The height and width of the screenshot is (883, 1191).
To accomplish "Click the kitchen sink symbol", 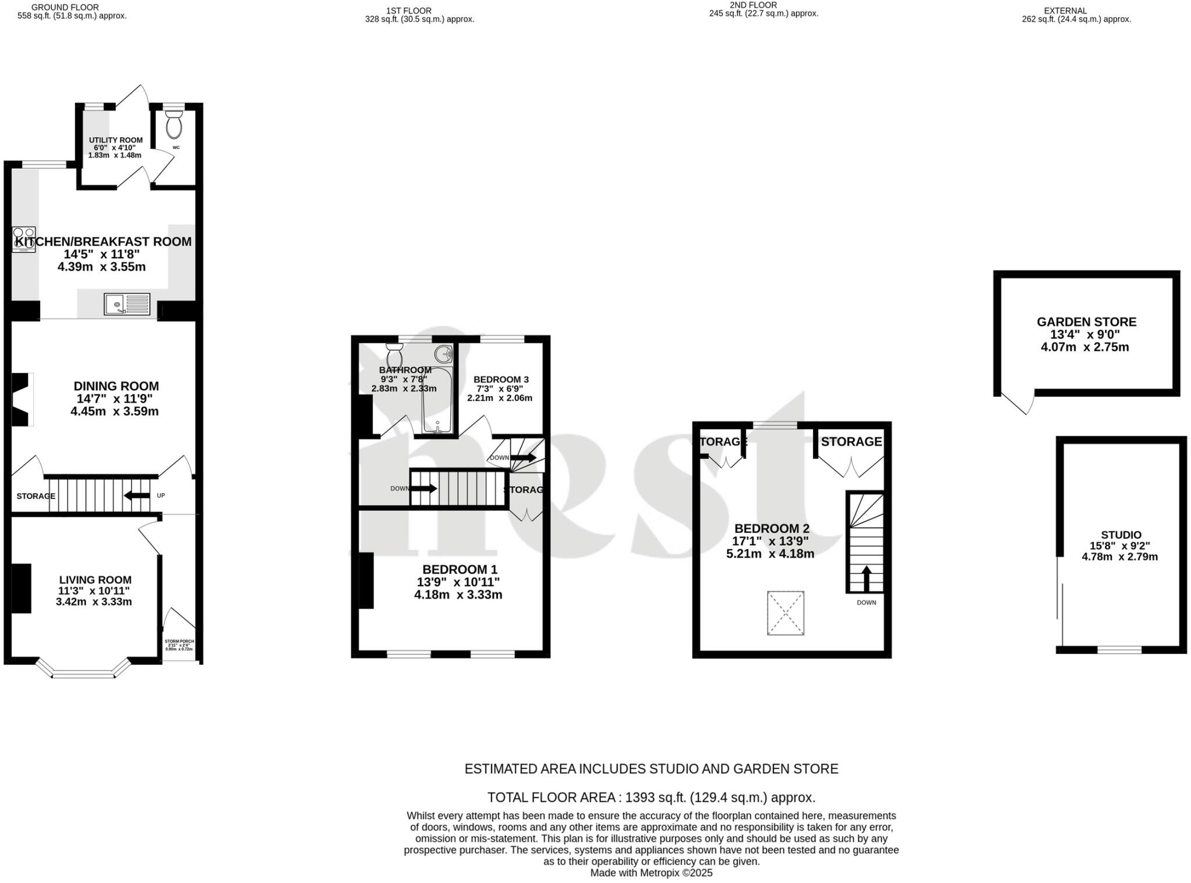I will point(127,304).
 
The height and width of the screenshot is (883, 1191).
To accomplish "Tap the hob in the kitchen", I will point(24,240).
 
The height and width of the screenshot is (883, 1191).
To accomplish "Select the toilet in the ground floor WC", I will point(173,123).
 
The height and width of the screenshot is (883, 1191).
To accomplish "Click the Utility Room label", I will point(116,140).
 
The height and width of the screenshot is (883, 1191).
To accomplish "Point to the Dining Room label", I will point(116,386).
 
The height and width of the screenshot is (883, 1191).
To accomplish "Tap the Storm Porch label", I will point(179,641).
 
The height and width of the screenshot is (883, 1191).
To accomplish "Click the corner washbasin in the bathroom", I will point(444,353).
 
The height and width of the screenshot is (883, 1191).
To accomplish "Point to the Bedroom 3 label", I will point(501,379).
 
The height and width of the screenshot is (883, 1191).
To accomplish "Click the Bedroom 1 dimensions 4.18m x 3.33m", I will point(458,595).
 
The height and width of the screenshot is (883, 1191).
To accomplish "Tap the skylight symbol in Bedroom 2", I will point(785,613).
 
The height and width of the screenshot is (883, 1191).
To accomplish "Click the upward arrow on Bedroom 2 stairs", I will point(866,578).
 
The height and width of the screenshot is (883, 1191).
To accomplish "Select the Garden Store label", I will point(1086,322).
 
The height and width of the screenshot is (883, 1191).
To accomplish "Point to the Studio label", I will point(1121,535).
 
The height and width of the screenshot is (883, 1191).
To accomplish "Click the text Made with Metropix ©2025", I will point(651,873).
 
